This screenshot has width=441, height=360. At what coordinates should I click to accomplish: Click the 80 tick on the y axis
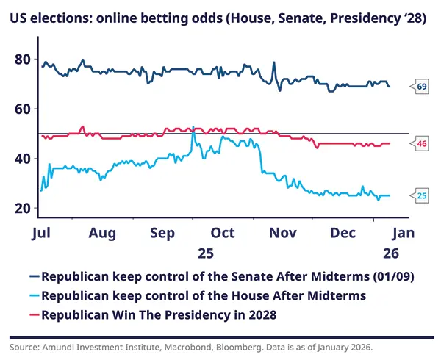(x=23, y=59)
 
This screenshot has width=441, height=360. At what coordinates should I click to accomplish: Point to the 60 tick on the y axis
(x=23, y=109)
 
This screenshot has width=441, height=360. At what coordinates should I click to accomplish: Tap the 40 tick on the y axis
(x=23, y=159)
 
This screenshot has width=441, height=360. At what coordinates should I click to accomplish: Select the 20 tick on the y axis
(x=23, y=209)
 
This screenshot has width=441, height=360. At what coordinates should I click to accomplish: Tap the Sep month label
(x=162, y=233)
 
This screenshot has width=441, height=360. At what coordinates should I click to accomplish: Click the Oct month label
(x=222, y=233)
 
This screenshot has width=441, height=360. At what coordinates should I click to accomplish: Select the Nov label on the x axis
(x=283, y=233)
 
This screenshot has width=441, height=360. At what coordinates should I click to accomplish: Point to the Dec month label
(x=343, y=233)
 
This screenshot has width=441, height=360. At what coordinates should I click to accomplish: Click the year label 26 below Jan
(x=391, y=253)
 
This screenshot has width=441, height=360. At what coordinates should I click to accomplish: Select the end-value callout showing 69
(x=422, y=87)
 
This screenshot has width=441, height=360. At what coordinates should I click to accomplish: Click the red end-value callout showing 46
(x=422, y=144)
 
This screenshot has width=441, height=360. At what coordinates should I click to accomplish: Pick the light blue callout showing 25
(x=422, y=195)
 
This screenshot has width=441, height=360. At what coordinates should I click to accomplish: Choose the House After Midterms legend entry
(x=204, y=296)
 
